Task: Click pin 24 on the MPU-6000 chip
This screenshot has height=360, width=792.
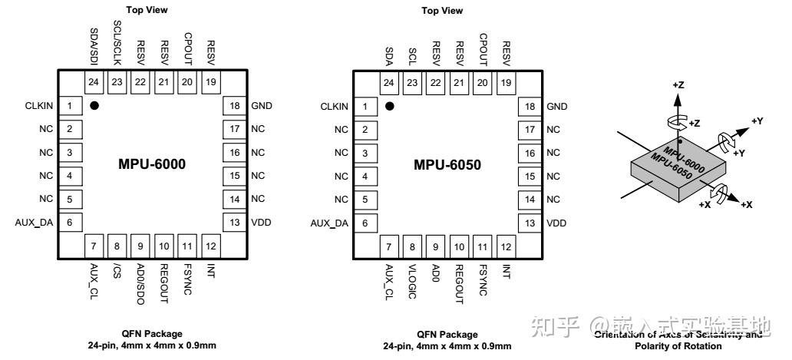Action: pyautogui.click(x=94, y=82)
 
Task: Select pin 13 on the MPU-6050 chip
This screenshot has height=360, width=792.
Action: pyautogui.click(x=528, y=223)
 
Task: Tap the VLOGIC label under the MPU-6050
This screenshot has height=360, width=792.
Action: pyautogui.click(x=413, y=281)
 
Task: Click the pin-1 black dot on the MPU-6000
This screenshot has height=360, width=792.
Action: pyautogui.click(x=94, y=106)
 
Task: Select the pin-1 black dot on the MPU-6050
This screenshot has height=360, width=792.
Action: pyautogui.click(x=390, y=106)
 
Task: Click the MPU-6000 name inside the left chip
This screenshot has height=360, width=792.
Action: pyautogui.click(x=152, y=164)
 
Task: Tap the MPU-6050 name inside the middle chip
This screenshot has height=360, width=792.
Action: pyautogui.click(x=447, y=164)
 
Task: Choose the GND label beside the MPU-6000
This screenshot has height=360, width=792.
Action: pyautogui.click(x=262, y=106)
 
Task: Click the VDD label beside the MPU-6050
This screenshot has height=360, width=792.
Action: pyautogui.click(x=556, y=223)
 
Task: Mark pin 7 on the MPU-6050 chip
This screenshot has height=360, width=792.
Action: pyautogui.click(x=389, y=246)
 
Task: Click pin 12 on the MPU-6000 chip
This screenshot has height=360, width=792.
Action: pyautogui.click(x=210, y=246)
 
